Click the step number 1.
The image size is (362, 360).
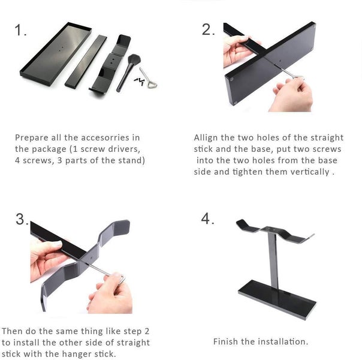point(21,31)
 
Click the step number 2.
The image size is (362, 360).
point(208,29)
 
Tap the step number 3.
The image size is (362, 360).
point(22,220)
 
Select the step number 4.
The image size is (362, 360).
point(207,219)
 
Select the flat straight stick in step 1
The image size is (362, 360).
point(86,60)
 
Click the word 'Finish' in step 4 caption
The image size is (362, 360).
point(227,341)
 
